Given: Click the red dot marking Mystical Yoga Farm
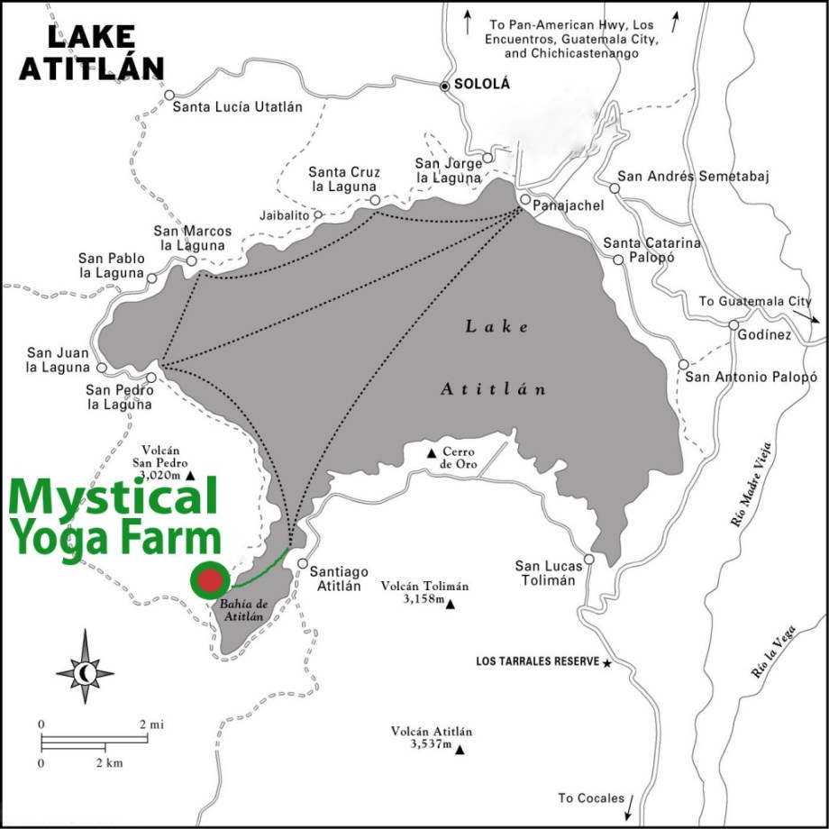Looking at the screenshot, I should [211, 579].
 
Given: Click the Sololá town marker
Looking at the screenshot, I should [443, 86].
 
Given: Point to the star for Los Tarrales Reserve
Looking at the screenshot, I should [607, 662].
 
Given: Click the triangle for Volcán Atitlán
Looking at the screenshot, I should [460, 750].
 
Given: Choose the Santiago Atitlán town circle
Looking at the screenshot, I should [303, 559].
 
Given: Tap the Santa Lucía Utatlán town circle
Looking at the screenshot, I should [169, 94].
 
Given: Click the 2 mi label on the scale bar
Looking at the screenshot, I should [150, 724].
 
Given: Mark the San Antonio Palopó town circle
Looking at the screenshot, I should [683, 365].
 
